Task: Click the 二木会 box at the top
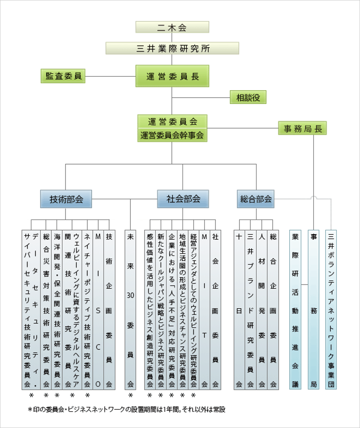tap(172, 27)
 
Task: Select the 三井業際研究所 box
tap(172, 48)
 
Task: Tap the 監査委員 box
tap(63, 76)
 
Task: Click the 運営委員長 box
tap(172, 76)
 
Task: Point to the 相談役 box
tap(248, 97)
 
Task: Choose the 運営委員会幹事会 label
tap(172, 135)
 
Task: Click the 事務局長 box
tap(302, 128)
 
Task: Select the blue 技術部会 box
tap(66, 199)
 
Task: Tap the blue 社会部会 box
tap(183, 199)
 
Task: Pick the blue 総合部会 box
tap(256, 199)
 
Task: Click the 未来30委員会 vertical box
tap(131, 309)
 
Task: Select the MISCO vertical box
tap(98, 309)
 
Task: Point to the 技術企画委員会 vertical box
tap(109, 309)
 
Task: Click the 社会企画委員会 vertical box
tap(215, 309)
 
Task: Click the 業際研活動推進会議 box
tap(295, 309)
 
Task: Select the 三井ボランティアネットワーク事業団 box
tap(331, 309)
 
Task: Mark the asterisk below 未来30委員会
tap(131, 395)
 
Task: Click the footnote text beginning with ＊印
tap(127, 410)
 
